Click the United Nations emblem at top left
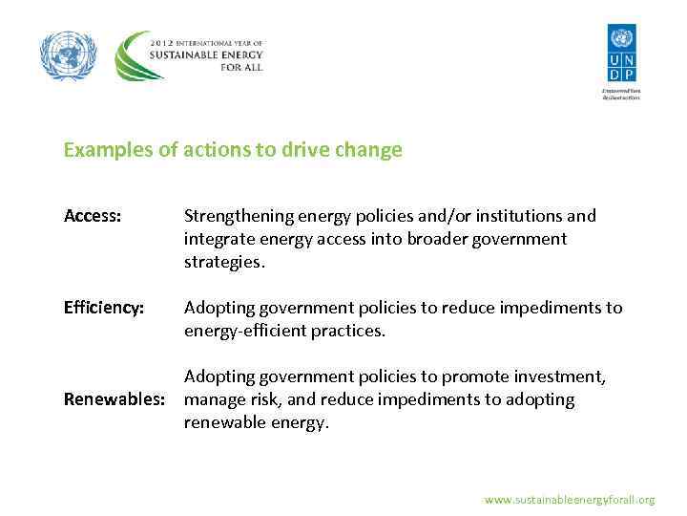[x=69, y=55]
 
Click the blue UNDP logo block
[x=621, y=54]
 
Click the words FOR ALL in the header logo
[x=239, y=68]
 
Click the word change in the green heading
[x=371, y=150]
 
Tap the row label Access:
[x=93, y=216]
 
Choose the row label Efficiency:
[x=104, y=308]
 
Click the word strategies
[x=223, y=262]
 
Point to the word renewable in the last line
[x=224, y=422]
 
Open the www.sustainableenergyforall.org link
[x=570, y=500]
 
